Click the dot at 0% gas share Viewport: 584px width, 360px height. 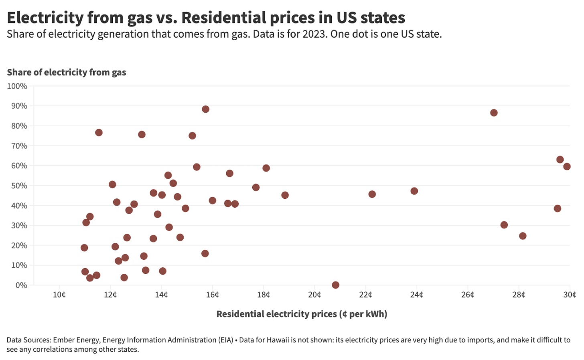pyautogui.click(x=335, y=285)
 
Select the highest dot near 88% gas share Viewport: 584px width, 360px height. pyautogui.click(x=205, y=109)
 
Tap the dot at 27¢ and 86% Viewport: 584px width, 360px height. pyautogui.click(x=494, y=113)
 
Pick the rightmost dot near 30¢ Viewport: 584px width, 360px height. pyautogui.click(x=567, y=166)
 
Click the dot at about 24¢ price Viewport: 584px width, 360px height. pyautogui.click(x=414, y=191)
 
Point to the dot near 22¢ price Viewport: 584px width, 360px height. pyautogui.click(x=372, y=194)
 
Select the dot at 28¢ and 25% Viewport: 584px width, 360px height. pyautogui.click(x=523, y=236)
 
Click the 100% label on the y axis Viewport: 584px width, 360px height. pyautogui.click(x=17, y=86)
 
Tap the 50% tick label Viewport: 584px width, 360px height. pyautogui.click(x=19, y=186)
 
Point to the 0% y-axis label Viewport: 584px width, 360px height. pyautogui.click(x=21, y=285)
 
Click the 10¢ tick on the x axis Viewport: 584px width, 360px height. pyautogui.click(x=59, y=295)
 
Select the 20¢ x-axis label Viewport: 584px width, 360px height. pyautogui.click(x=314, y=295)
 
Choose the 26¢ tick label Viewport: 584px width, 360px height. pyautogui.click(x=468, y=295)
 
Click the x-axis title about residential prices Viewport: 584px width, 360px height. pyautogui.click(x=302, y=314)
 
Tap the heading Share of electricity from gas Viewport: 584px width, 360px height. pyautogui.click(x=67, y=72)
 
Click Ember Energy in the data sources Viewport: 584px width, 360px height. pyautogui.click(x=76, y=340)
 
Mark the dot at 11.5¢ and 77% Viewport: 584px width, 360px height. pyautogui.click(x=99, y=132)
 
